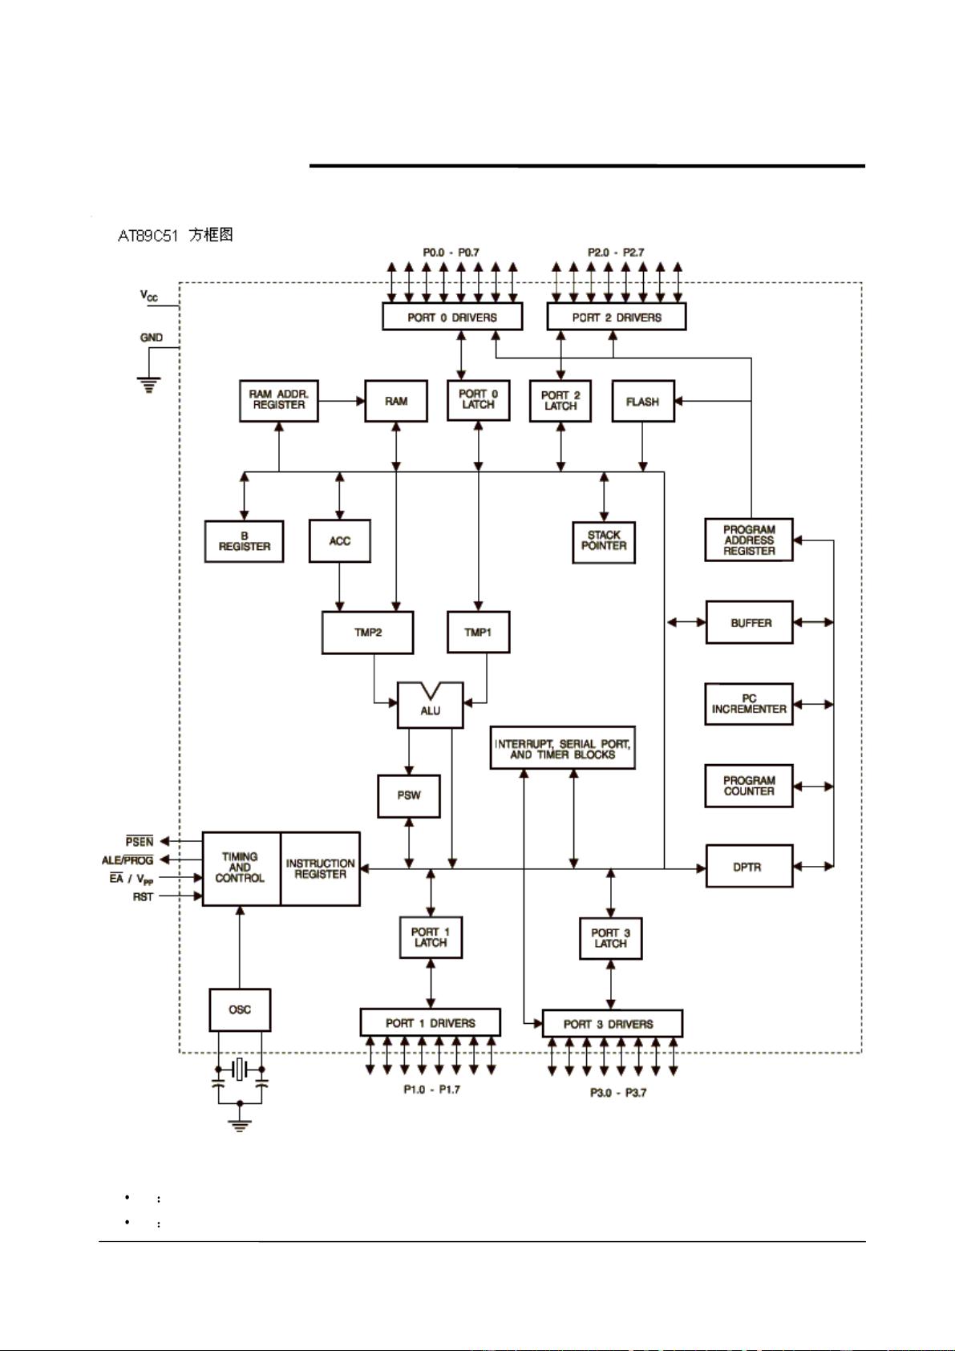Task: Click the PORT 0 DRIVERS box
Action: coord(451,317)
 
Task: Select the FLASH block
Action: coord(643,402)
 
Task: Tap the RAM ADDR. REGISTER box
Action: coord(278,400)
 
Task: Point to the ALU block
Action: coord(431,709)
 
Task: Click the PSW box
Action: coord(409,795)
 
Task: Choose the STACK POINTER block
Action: coord(604,541)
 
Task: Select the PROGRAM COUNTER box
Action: coord(749,786)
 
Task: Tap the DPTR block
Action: coord(749,867)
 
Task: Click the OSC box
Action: coord(240,1009)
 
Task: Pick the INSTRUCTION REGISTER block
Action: coord(320,869)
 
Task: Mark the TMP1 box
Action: coord(478,633)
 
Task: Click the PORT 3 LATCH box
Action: coord(610,938)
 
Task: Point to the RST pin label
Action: coord(143,896)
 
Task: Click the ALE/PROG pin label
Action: coord(127,860)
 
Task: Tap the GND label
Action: coord(152,338)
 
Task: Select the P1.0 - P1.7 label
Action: coord(431,1090)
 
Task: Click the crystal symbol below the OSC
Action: coord(240,1069)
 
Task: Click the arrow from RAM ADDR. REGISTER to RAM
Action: coord(341,400)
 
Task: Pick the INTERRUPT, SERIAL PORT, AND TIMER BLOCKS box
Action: coord(562,749)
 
